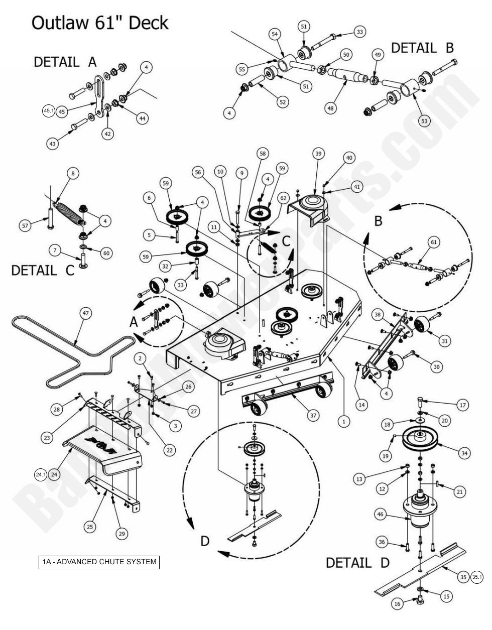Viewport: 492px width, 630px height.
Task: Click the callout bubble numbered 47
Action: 85,314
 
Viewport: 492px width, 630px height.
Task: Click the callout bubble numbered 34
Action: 464,453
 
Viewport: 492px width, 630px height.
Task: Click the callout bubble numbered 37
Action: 313,415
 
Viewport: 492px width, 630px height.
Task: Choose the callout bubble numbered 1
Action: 343,422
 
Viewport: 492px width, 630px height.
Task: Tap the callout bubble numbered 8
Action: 73,174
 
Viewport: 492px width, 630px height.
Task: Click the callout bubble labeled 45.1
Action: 49,111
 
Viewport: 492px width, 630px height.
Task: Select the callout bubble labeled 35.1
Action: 477,577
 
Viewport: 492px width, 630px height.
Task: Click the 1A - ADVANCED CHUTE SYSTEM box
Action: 99,562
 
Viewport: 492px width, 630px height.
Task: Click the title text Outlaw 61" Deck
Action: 100,23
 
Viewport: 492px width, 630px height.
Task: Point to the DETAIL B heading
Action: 422,48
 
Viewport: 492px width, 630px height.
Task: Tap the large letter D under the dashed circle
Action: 205,542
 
